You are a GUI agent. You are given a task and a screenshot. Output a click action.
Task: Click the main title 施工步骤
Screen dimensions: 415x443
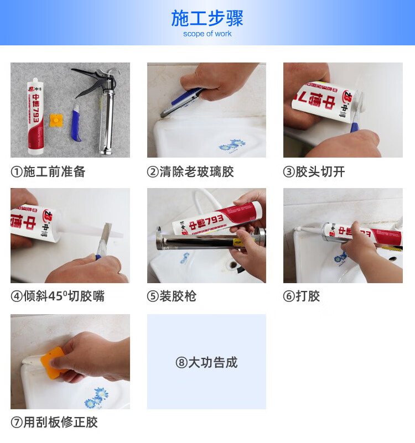point(207,18)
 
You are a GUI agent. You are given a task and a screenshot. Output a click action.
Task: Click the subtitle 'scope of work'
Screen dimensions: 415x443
point(207,34)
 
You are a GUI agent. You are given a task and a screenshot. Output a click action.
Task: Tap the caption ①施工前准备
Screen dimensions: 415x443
point(48,172)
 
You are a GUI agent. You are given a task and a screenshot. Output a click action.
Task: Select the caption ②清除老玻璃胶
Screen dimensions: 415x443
point(190,172)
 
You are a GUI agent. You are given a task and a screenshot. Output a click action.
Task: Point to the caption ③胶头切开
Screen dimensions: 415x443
point(314,172)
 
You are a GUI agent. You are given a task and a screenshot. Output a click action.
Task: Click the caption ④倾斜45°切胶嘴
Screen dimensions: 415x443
point(58,296)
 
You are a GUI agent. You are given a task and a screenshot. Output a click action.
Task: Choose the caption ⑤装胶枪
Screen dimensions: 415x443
point(172,296)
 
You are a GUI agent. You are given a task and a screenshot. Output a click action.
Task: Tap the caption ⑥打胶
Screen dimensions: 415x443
point(302,296)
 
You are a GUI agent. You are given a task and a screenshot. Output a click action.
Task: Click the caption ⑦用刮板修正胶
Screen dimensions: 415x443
point(54,423)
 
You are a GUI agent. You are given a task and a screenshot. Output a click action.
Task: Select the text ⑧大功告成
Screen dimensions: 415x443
point(206,362)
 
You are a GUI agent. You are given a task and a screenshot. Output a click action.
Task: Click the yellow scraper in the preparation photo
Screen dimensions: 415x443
point(56,120)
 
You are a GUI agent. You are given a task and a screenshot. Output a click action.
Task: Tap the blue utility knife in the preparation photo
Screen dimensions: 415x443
point(76,123)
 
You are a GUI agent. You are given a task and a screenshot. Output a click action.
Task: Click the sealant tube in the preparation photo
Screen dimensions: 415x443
point(36,116)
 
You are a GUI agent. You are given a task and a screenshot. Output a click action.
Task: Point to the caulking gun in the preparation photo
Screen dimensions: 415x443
point(100,107)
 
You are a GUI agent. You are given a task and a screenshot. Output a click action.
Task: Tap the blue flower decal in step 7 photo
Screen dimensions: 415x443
point(96,397)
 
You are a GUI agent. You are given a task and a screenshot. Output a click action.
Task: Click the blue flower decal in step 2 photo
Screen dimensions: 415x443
point(232,145)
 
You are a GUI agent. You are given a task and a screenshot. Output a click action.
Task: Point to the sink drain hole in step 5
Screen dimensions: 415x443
point(233,265)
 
